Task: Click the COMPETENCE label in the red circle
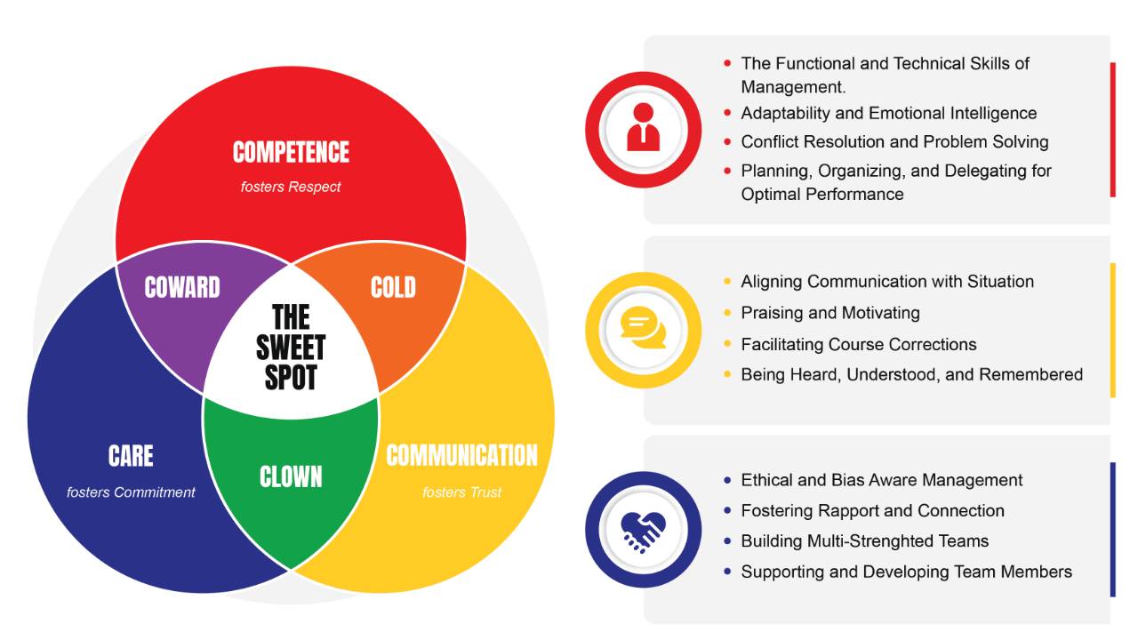[291, 152]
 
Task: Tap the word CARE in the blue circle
[131, 456]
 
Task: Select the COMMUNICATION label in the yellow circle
[461, 456]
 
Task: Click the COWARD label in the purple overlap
[182, 287]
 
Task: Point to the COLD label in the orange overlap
[393, 287]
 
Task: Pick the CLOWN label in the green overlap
[291, 477]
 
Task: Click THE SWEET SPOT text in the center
[291, 348]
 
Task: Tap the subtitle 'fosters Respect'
[291, 188]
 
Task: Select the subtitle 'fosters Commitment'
[131, 492]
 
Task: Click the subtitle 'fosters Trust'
[461, 492]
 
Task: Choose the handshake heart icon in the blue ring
[643, 529]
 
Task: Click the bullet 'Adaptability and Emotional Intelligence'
[888, 113]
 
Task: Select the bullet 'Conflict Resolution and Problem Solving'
[894, 141]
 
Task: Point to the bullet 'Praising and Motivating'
[830, 313]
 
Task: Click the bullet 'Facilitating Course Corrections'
[859, 344]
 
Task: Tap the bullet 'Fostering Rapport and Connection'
[872, 510]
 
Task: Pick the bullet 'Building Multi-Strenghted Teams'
[864, 540]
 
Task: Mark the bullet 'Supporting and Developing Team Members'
[906, 572]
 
